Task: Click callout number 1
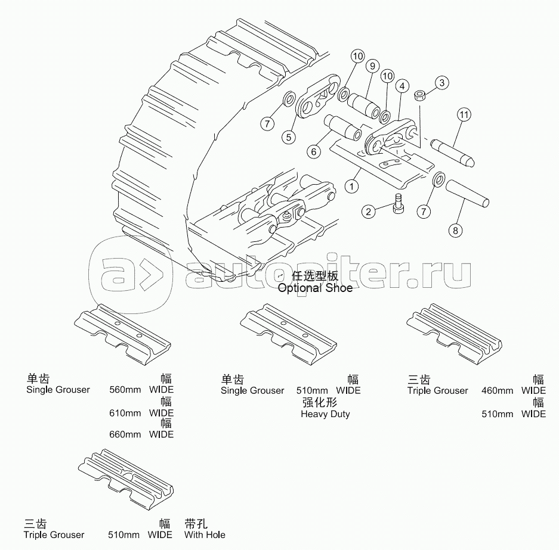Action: (352, 186)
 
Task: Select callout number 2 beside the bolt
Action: (368, 212)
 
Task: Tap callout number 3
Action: (442, 83)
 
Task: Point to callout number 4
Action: (402, 86)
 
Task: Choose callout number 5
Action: (289, 137)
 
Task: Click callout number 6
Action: (314, 152)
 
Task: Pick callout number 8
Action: (455, 231)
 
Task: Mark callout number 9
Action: (372, 66)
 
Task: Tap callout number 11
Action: (464, 114)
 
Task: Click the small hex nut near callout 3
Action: (419, 95)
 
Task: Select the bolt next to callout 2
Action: (397, 203)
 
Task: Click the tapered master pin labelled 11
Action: (452, 153)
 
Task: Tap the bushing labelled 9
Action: (363, 105)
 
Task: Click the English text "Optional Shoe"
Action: (315, 288)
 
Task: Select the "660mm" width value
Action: (125, 434)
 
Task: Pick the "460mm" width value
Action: (498, 390)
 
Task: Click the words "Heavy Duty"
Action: (325, 414)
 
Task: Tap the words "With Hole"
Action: (205, 535)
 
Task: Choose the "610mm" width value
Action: (125, 413)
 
